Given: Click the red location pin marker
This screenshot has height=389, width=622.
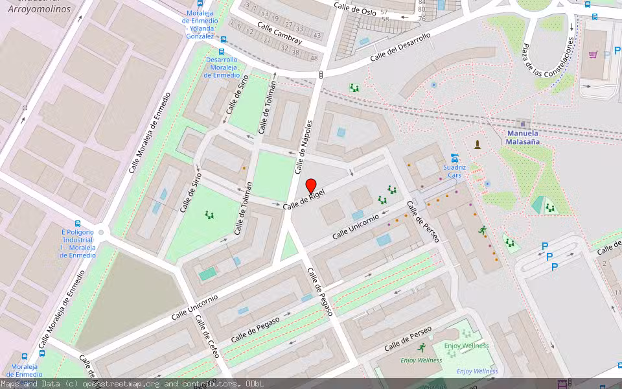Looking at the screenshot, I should pos(310,185).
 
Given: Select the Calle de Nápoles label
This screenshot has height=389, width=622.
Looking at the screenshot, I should pos(304,147).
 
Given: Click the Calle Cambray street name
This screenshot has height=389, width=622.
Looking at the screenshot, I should pos(280,34).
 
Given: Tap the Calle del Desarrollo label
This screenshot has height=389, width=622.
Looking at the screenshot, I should pos(400,47).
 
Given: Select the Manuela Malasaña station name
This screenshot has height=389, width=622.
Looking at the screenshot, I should pos(523,137).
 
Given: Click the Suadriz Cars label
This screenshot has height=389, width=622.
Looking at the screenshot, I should pos(454,171).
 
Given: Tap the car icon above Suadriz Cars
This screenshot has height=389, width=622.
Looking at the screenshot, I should pos(455,157).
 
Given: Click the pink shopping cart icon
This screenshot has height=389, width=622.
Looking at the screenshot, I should pos(593,54).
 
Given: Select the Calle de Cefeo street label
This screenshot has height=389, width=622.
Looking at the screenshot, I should pos(208,333).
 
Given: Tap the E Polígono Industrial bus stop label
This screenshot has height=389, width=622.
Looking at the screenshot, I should pos(78,244).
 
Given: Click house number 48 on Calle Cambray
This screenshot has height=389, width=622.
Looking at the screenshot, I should pos(314,58).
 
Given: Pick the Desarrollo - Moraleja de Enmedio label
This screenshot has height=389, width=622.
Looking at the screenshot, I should pos(222,67).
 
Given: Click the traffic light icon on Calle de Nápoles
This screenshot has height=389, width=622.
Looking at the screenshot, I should pos(321,76).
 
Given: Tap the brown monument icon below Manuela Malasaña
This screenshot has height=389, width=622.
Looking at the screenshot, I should pos(478,145).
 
